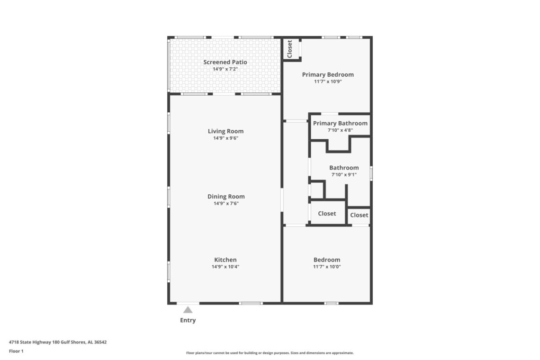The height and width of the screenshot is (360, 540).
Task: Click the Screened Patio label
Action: click(x=225, y=62)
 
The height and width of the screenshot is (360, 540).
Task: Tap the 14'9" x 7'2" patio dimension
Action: click(x=225, y=69)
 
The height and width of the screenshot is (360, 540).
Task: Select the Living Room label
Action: click(x=225, y=131)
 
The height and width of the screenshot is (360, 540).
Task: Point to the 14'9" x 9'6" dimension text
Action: click(x=225, y=138)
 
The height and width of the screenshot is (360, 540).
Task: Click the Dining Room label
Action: click(x=226, y=197)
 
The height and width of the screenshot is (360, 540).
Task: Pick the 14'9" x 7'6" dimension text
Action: click(x=226, y=203)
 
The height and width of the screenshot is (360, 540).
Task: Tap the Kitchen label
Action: click(x=225, y=260)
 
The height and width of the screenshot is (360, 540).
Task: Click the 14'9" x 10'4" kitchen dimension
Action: click(x=225, y=267)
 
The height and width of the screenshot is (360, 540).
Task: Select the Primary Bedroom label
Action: click(x=328, y=75)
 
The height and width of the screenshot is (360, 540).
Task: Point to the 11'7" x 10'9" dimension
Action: click(x=328, y=81)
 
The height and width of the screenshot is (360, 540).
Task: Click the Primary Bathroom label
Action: click(x=340, y=123)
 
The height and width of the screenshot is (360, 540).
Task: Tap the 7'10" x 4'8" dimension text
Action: click(x=340, y=130)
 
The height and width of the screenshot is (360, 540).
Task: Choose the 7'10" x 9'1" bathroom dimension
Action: click(x=344, y=175)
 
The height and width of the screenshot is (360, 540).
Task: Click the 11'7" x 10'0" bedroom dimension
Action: click(x=327, y=267)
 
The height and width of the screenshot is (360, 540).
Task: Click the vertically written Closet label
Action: click(x=289, y=49)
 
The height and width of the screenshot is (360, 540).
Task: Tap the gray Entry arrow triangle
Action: click(x=188, y=310)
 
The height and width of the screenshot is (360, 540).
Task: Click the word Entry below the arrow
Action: click(x=188, y=320)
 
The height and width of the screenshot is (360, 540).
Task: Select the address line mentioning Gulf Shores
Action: click(x=58, y=342)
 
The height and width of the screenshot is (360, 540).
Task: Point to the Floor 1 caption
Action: click(x=16, y=351)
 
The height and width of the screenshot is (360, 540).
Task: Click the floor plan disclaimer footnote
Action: click(x=270, y=353)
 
